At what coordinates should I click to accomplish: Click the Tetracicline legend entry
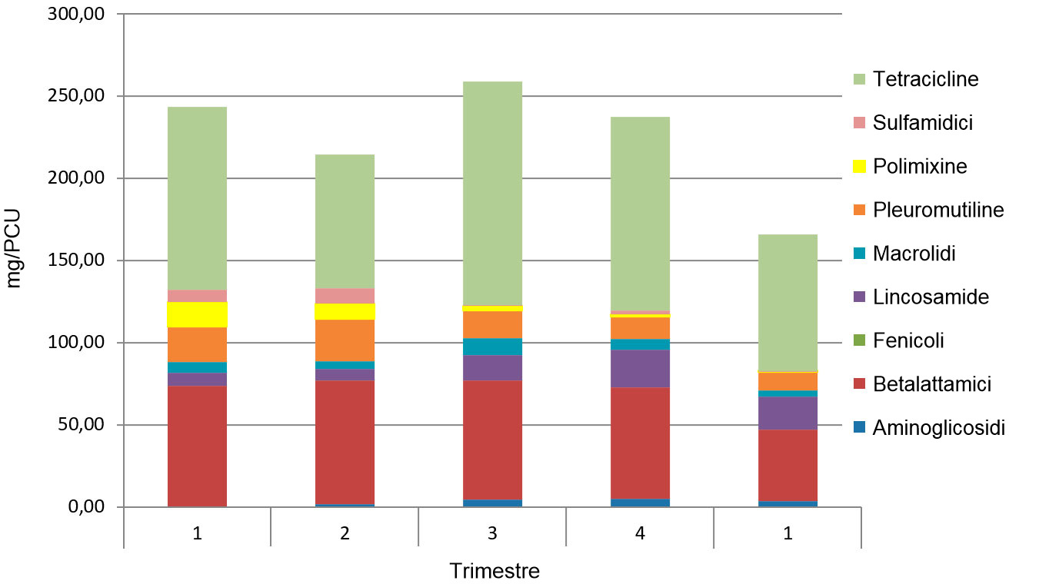click(x=925, y=79)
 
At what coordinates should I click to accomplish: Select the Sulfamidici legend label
click(x=923, y=123)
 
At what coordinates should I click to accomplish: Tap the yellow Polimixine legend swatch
click(x=860, y=166)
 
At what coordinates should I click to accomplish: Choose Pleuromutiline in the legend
click(x=938, y=210)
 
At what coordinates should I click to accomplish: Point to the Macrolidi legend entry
click(x=914, y=254)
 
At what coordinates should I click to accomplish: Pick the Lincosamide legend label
click(x=931, y=297)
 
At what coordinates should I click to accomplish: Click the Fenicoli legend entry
click(x=908, y=340)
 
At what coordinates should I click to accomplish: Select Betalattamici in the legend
click(x=932, y=384)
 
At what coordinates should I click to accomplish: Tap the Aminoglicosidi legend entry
click(x=938, y=428)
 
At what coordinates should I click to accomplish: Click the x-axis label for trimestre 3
click(x=492, y=533)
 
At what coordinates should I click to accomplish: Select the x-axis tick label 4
click(x=640, y=533)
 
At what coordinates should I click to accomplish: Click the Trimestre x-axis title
click(x=495, y=572)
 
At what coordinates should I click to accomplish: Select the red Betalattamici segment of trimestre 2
click(x=345, y=442)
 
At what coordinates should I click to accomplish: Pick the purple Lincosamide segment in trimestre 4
click(x=640, y=369)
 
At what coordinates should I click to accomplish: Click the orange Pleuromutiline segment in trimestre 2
click(x=345, y=334)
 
